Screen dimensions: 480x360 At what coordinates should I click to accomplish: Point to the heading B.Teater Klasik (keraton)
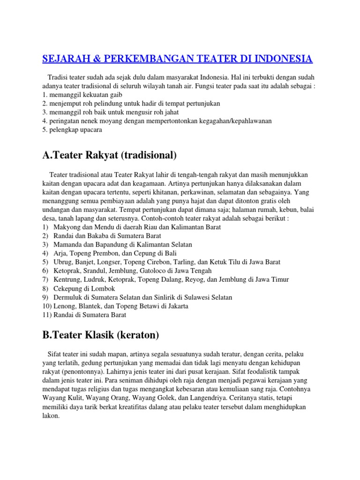tap(101, 335)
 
